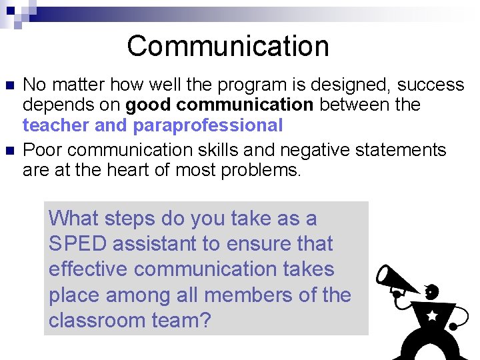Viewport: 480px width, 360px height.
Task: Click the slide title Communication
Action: tap(228, 46)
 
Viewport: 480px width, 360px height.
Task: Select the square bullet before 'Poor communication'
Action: tap(9, 151)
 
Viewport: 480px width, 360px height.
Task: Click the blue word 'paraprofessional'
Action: tap(208, 125)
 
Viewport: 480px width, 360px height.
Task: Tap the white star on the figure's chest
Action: tap(431, 315)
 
